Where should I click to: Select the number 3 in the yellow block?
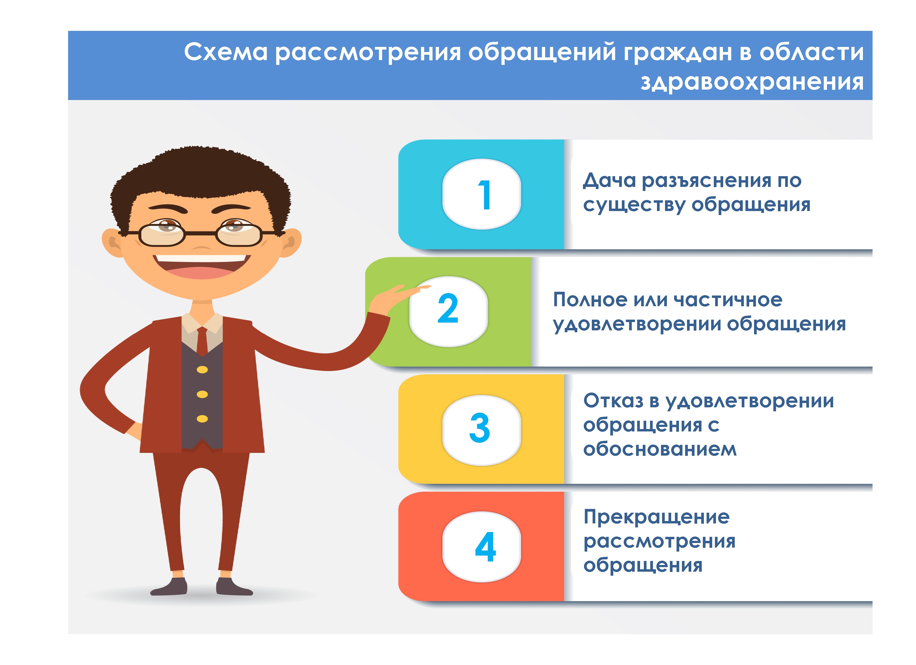coord(480,428)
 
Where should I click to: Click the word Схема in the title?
coord(226,52)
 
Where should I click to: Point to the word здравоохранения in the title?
coord(752,82)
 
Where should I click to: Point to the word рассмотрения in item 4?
coord(660,541)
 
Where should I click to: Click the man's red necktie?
coord(202,341)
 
